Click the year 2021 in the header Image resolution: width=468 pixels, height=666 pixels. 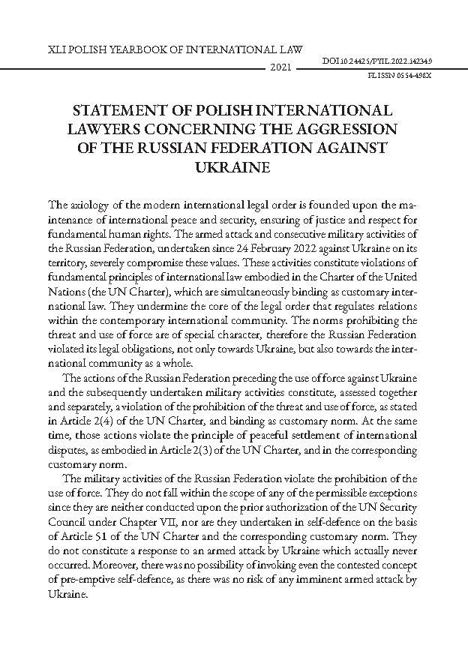[279, 68]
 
